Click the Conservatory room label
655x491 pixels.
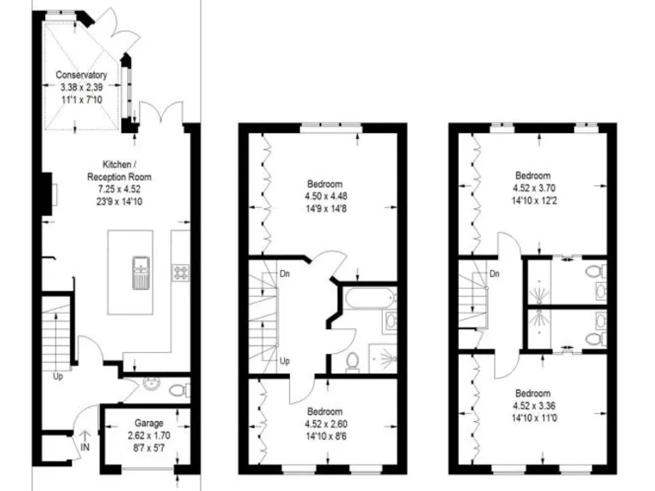coord(83,75)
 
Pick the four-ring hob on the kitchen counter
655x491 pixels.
coord(182,274)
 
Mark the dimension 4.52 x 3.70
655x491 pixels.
coord(532,188)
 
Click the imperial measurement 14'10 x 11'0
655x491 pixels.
coord(532,418)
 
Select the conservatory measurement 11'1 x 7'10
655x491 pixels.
coord(83,99)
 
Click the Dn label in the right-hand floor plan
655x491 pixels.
coord(494,274)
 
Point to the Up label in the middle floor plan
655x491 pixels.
coord(284,361)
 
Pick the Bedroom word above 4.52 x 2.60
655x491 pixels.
coord(324,410)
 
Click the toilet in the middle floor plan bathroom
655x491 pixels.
coord(351,364)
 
